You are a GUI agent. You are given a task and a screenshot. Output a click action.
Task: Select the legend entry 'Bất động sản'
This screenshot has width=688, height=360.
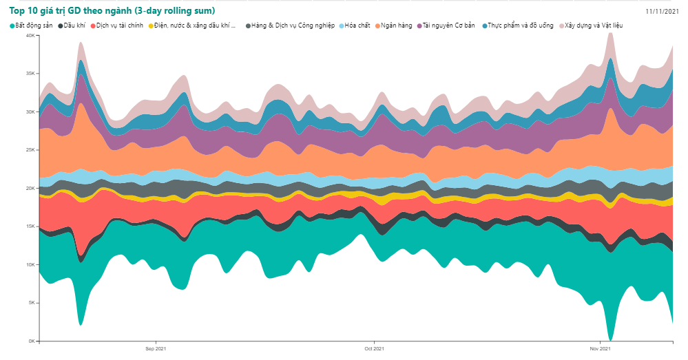coord(33,25)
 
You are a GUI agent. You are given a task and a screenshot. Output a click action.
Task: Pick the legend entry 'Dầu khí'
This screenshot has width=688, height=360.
coord(75,25)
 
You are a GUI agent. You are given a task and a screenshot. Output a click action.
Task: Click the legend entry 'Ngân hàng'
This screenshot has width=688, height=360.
coord(397,25)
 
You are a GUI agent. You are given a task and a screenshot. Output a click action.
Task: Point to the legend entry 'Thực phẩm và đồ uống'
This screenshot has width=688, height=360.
coord(520,25)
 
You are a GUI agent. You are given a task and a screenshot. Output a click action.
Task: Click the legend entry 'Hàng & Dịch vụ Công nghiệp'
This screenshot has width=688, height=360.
coord(293,25)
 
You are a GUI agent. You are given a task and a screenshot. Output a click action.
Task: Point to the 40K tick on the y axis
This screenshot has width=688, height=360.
coord(30,35)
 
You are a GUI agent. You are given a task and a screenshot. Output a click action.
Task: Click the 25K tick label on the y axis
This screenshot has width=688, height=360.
coord(30,150)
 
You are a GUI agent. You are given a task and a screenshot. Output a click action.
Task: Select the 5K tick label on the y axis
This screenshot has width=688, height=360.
coord(31,303)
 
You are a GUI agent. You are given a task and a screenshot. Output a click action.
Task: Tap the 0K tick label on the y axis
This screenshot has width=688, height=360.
coord(31,341)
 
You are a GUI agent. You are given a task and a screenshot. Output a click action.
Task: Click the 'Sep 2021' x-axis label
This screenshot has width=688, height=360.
coord(156,349)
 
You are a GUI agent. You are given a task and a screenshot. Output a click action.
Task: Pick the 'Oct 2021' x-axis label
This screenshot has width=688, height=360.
coord(374,349)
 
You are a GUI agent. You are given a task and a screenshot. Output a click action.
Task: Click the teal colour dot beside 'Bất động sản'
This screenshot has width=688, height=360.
coord(12,25)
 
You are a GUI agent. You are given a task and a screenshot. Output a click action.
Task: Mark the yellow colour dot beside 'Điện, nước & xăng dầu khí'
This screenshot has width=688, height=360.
coord(150,25)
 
